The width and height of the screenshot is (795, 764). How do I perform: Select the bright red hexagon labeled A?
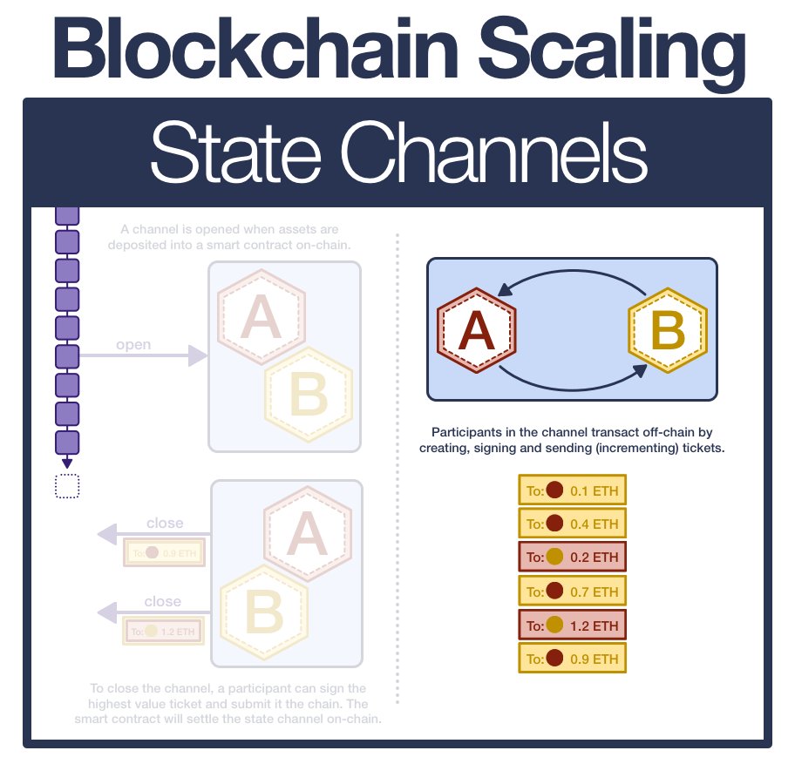tap(476, 330)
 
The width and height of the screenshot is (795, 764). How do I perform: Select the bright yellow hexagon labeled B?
tap(667, 330)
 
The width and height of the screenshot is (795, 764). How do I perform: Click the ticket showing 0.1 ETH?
tap(572, 491)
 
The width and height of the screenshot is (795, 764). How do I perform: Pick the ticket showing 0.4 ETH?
tap(572, 524)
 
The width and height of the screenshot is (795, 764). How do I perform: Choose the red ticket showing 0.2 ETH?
tap(572, 558)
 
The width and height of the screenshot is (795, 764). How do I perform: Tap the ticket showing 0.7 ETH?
tap(572, 592)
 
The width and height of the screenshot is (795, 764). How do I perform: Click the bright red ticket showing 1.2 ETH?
tap(572, 625)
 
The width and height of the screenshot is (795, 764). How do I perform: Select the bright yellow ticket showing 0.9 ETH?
tap(572, 659)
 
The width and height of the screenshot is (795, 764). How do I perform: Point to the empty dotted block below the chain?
tap(67, 486)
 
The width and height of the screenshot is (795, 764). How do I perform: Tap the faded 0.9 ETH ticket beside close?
tap(163, 552)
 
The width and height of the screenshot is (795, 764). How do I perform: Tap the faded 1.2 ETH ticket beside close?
tap(163, 631)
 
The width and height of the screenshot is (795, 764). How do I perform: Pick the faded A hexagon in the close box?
tap(307, 532)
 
